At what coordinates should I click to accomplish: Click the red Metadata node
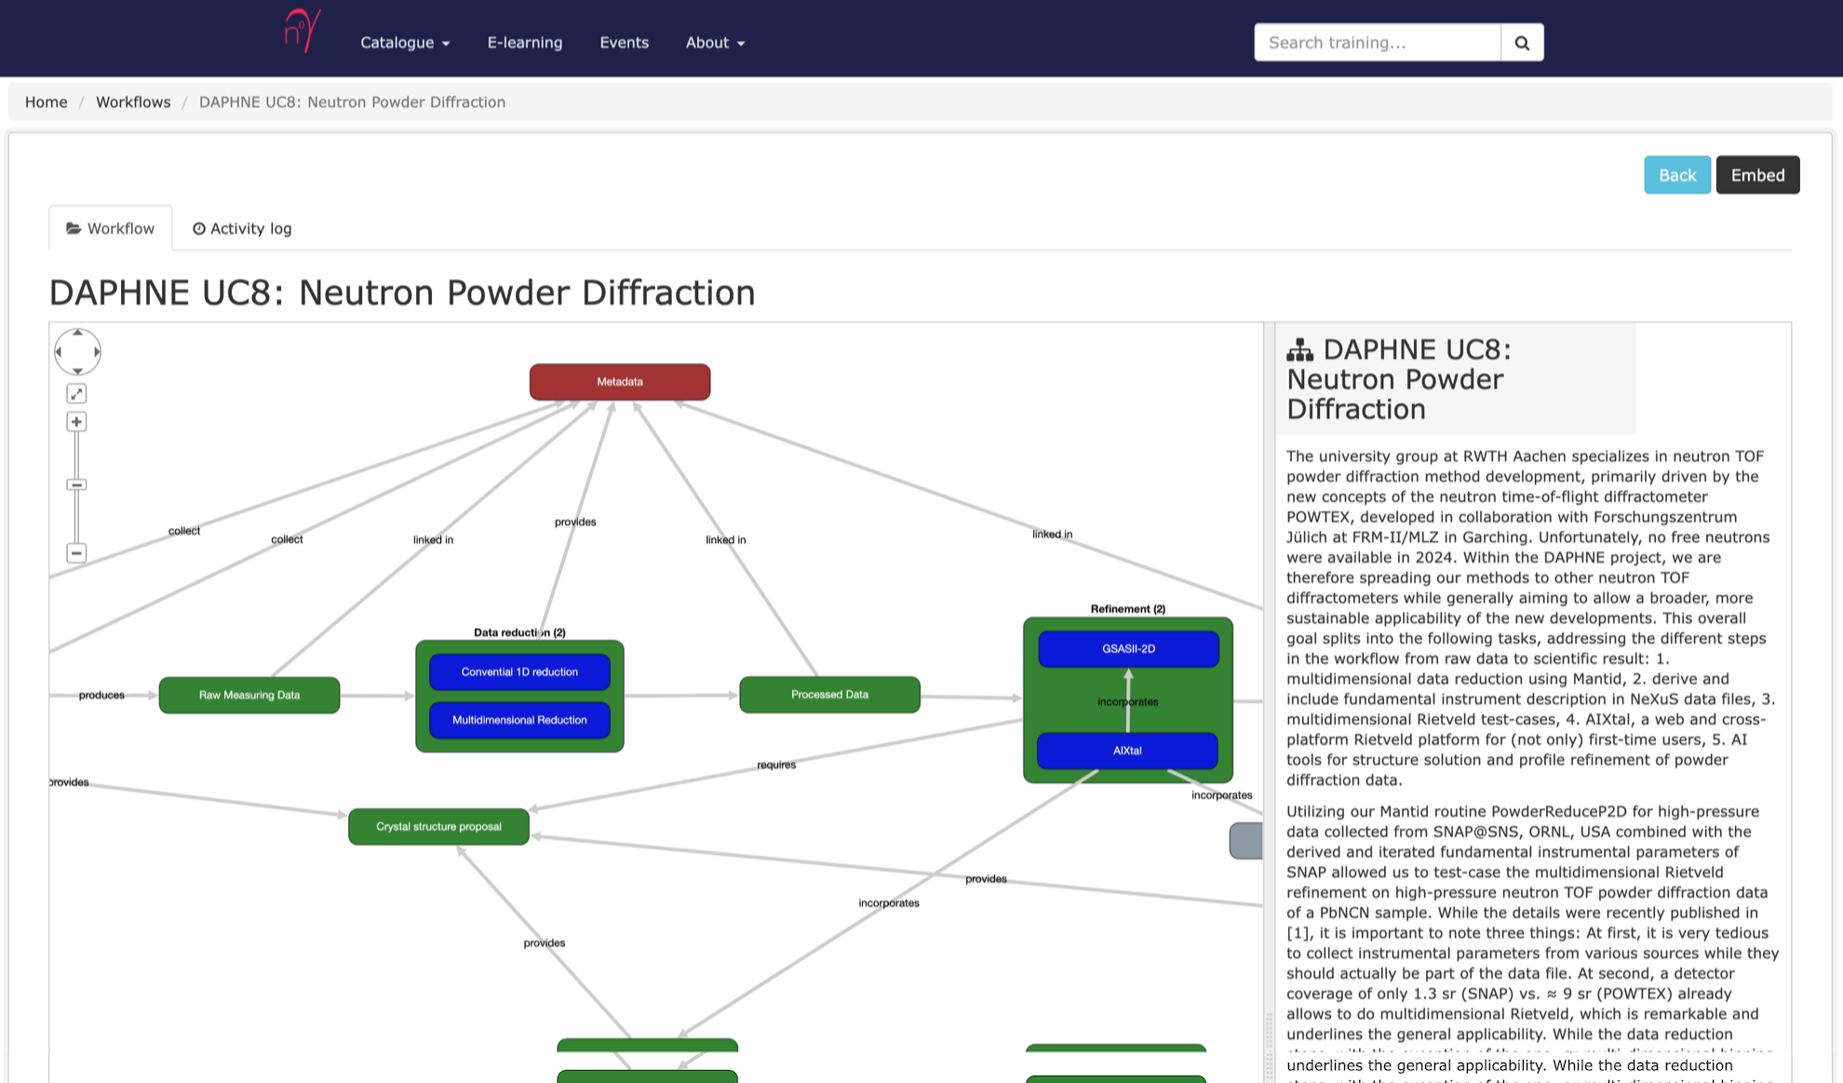tap(620, 382)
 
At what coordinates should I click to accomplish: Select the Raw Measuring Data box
tap(249, 695)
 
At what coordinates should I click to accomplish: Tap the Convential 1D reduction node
tap(519, 672)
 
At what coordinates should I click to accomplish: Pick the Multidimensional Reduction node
tap(519, 720)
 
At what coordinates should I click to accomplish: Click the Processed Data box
tap(829, 695)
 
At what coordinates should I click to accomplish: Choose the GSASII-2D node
tap(1128, 649)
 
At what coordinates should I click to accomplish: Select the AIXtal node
tap(1127, 751)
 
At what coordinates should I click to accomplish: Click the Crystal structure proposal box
tap(438, 827)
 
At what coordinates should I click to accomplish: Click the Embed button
tap(1757, 175)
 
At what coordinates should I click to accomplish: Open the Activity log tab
tap(242, 229)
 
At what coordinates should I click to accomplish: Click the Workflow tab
tap(111, 229)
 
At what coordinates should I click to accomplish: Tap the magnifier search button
tap(1522, 43)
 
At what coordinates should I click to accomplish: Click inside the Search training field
tap(1377, 43)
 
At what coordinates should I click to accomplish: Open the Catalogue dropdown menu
tap(405, 43)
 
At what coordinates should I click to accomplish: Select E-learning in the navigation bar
tap(525, 43)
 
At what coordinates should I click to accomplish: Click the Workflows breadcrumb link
tap(133, 102)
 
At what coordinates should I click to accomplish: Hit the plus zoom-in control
tap(76, 422)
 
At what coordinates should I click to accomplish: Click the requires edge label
tap(776, 765)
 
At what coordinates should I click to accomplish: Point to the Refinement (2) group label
tap(1127, 609)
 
